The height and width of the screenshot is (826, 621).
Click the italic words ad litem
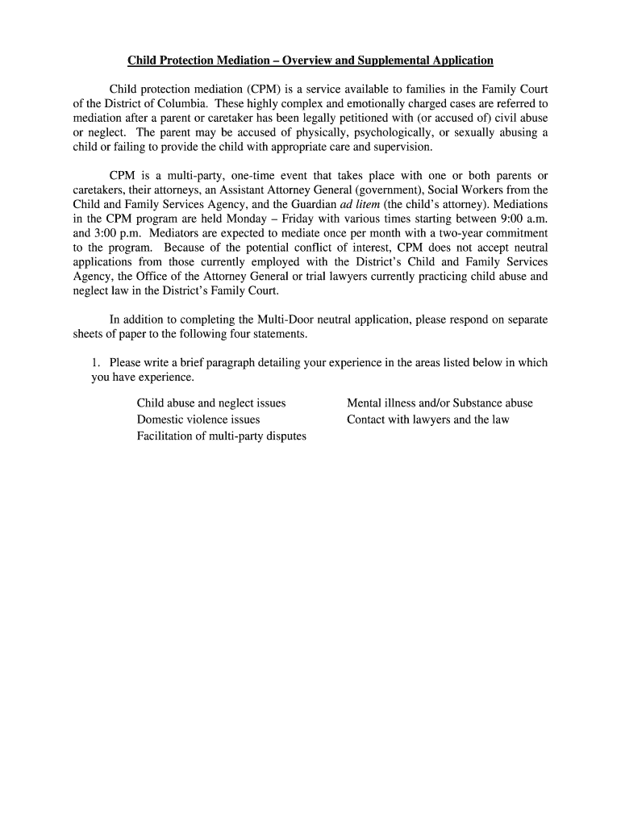(361, 204)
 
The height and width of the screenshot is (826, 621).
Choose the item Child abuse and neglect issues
(211, 403)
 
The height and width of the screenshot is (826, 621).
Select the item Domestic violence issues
(198, 419)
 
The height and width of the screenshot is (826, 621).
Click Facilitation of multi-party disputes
(222, 436)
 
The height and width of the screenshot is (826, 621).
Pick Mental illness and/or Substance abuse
(440, 403)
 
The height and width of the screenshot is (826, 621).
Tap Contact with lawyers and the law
(428, 419)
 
